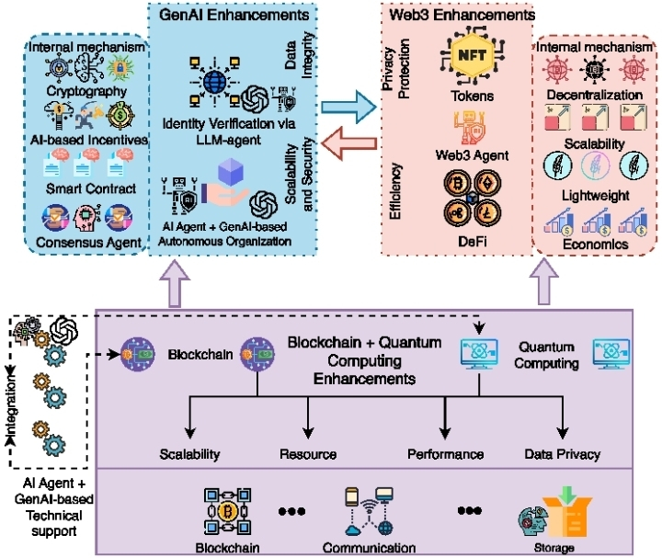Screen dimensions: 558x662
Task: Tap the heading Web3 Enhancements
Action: tap(459, 14)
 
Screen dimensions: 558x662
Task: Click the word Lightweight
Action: tap(593, 196)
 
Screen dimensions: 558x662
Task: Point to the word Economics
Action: tap(594, 245)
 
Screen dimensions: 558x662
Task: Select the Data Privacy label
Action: tap(563, 454)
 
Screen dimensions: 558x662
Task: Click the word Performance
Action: tap(446, 454)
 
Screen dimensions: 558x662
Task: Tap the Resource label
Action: tap(308, 454)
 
